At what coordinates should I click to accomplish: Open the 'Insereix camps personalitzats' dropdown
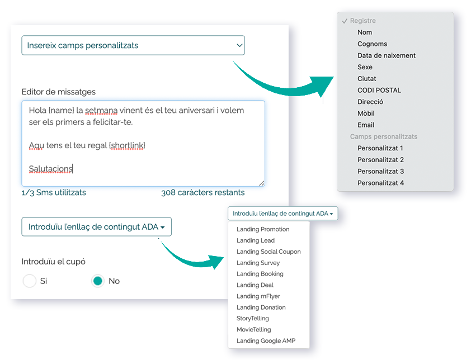point(133,45)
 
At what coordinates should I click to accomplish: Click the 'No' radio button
point(98,281)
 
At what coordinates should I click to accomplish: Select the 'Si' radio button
point(30,281)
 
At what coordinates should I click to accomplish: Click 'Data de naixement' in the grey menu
point(387,55)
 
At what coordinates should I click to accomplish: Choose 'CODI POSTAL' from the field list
point(379,91)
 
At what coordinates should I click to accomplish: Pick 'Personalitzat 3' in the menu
point(380,172)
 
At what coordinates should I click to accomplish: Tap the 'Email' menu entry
point(366,125)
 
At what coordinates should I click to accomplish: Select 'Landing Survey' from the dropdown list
point(258,263)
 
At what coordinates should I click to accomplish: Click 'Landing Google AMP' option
point(266,341)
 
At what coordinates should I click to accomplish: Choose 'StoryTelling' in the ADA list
point(253,318)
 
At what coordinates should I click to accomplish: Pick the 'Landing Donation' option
point(261,307)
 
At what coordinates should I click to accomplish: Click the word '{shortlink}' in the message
point(128,146)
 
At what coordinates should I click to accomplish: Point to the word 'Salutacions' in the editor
point(50,169)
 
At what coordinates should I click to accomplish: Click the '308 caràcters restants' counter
point(202,192)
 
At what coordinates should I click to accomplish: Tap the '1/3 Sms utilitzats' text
point(54,192)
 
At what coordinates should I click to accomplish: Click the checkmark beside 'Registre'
point(345,21)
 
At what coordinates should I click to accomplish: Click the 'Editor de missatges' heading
point(59,92)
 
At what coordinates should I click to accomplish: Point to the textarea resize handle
point(262,183)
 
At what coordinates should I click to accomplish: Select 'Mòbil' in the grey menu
point(366,113)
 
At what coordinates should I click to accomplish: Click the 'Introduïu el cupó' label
point(54,262)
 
